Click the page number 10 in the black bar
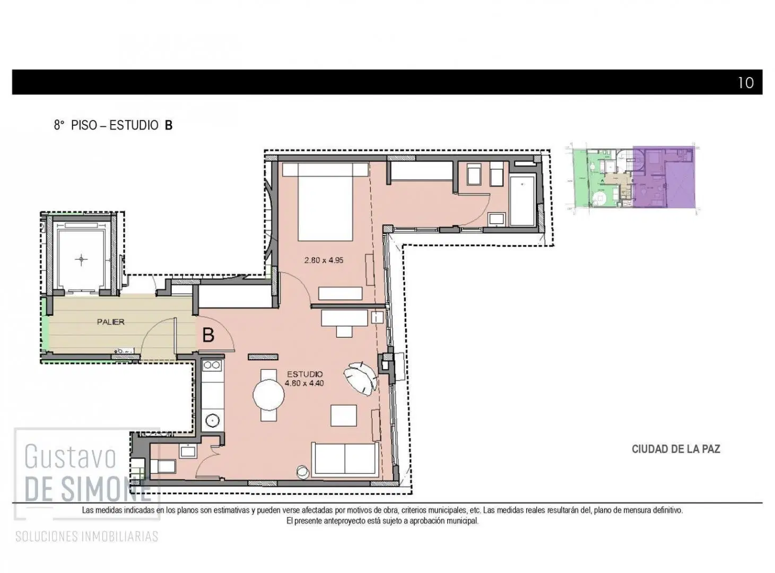pyautogui.click(x=745, y=83)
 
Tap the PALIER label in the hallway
pyautogui.click(x=110, y=322)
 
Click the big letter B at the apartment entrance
pyautogui.click(x=208, y=335)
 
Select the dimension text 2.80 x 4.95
pyautogui.click(x=324, y=260)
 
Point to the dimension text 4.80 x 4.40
pyautogui.click(x=304, y=383)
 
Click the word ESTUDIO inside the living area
pyautogui.click(x=304, y=374)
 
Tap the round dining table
pyautogui.click(x=268, y=395)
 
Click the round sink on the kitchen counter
pyautogui.click(x=212, y=420)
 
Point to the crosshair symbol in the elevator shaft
pyautogui.click(x=81, y=259)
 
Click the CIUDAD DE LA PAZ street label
pyautogui.click(x=676, y=449)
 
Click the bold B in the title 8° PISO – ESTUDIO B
pyautogui.click(x=168, y=125)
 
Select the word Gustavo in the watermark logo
pyautogui.click(x=70, y=457)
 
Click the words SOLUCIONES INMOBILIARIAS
pyautogui.click(x=87, y=536)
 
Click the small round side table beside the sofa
pyautogui.click(x=302, y=472)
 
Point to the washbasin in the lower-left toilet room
pyautogui.click(x=188, y=451)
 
